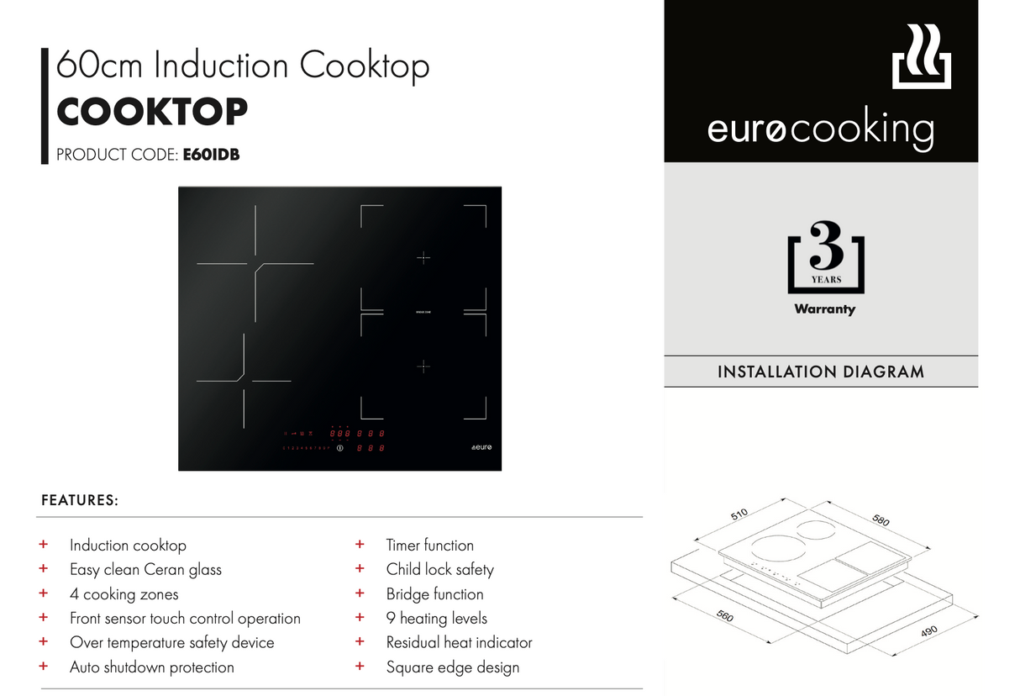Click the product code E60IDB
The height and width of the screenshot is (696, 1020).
[211, 155]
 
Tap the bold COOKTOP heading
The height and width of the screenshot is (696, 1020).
[152, 112]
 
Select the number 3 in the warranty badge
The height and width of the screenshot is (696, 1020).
[826, 245]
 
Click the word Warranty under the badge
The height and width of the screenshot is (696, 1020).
[824, 309]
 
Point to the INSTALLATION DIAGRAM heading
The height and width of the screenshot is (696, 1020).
[820, 372]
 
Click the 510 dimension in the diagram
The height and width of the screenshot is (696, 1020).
[739, 514]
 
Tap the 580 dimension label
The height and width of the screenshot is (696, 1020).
[880, 520]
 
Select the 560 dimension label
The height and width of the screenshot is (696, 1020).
[724, 616]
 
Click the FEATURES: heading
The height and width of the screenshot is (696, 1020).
[80, 500]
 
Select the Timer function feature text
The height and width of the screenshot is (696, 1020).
[429, 545]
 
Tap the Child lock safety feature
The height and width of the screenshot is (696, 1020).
[439, 569]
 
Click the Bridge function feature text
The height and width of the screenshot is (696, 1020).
[434, 593]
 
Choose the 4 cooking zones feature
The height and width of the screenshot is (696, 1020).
[124, 594]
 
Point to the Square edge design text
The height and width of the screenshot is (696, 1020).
[452, 667]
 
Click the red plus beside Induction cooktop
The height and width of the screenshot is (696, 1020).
[44, 545]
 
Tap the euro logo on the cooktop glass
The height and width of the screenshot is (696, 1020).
[481, 447]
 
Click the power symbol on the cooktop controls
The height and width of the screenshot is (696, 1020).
[340, 448]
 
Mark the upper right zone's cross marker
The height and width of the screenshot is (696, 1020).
[423, 258]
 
